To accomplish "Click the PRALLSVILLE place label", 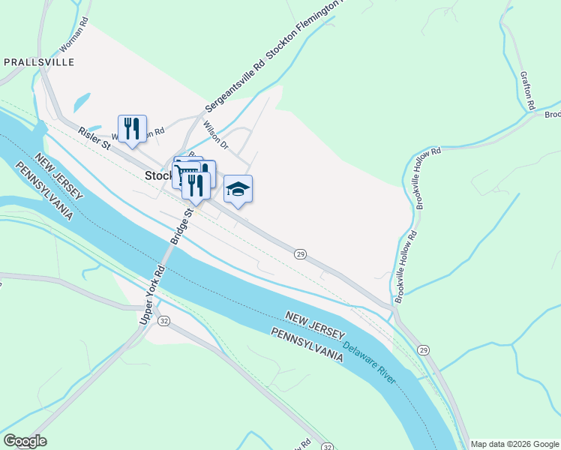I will pos(39,62).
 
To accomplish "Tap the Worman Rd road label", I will pos(74,34).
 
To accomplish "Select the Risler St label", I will pos(94,138).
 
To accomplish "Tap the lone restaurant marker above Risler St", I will pos(132,127).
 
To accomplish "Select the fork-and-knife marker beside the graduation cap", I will pos(196,186).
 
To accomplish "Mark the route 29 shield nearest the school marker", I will pos(300,255).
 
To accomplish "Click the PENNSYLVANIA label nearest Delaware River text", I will pos(307,346).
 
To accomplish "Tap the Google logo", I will pos(25,441).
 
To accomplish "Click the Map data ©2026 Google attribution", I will pos(514,444).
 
